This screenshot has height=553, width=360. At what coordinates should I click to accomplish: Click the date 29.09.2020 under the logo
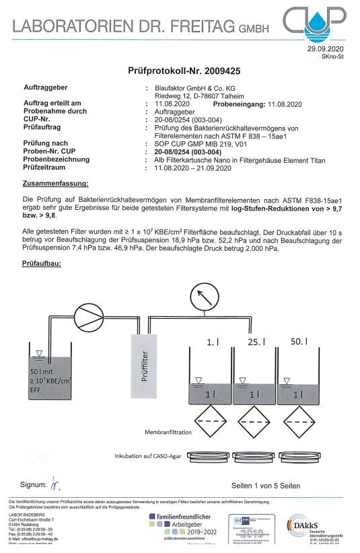326,50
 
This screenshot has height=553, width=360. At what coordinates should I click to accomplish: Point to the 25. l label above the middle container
254,342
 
